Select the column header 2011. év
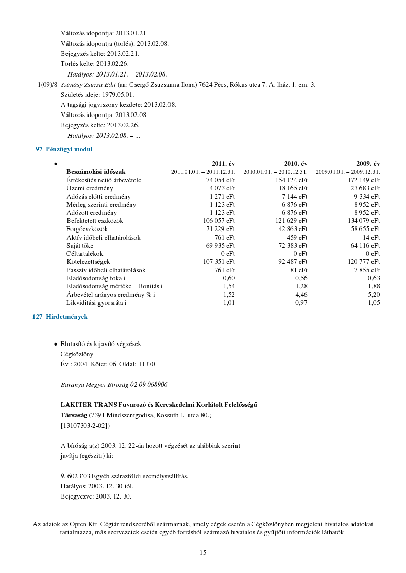pos(223,164)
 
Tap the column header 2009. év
pos(368,164)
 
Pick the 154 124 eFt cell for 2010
pos(291,180)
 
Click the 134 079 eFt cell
pos(363,221)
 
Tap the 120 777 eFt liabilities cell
pos(363,262)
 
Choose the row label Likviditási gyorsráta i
pos(96,303)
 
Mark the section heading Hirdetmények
pos(66,316)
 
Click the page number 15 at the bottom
pos(203,553)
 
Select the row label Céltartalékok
pos(85,253)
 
